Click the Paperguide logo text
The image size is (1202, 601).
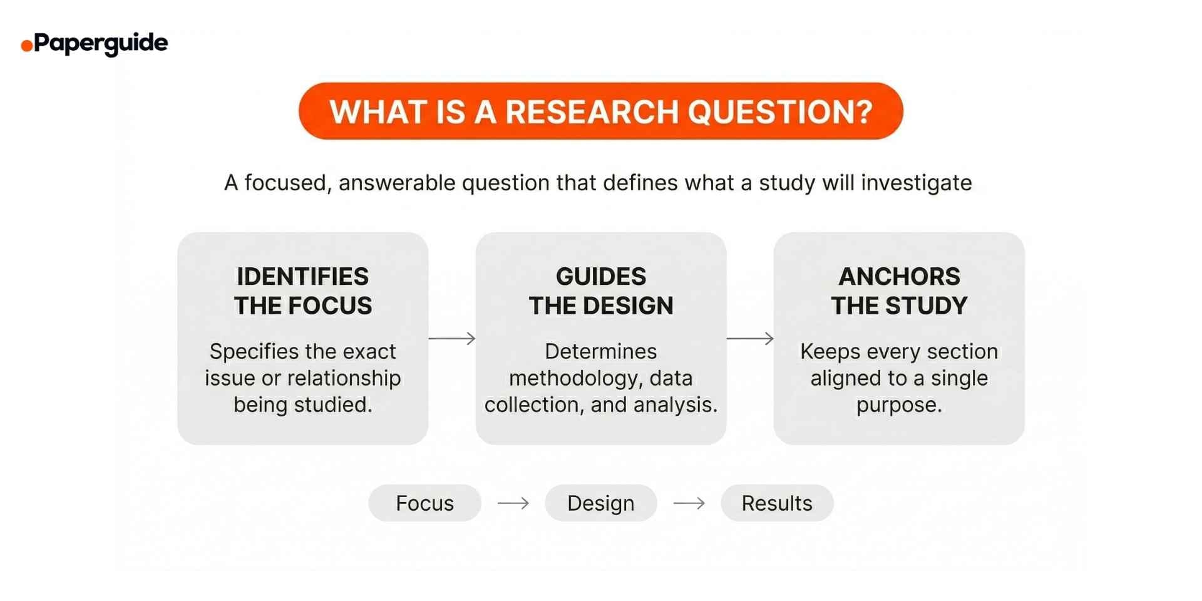101,43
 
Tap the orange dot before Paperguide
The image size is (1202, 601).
26,46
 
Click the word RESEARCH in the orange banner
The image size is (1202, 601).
592,111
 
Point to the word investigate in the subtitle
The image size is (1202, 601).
917,183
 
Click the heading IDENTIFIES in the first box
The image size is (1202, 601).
302,276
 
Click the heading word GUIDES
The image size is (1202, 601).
600,276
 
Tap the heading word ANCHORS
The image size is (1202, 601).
899,276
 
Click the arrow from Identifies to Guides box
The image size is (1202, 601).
452,339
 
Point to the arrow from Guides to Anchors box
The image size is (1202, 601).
750,339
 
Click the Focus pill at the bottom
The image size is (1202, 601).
424,503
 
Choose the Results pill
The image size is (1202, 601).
777,503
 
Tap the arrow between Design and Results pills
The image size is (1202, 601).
689,503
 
